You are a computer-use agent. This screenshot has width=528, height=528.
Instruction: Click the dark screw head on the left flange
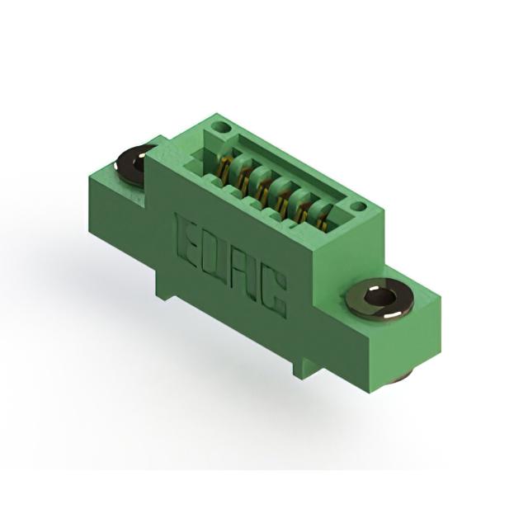pyautogui.click(x=134, y=165)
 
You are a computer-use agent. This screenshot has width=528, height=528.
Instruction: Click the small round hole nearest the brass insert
pyautogui.click(x=359, y=205)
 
